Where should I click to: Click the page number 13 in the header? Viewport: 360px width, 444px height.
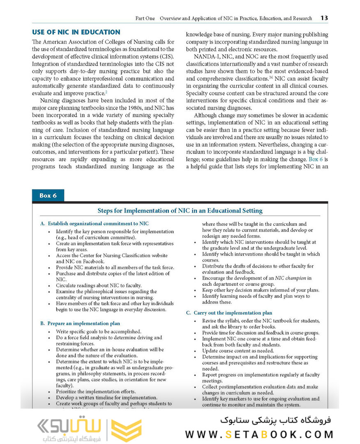click(324, 18)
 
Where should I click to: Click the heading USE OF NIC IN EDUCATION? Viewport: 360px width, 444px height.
click(76, 32)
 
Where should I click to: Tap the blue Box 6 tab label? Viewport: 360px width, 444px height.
click(48, 196)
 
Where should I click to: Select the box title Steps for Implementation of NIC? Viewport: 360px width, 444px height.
click(180, 211)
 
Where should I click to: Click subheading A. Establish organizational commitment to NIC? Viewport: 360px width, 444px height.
click(95, 224)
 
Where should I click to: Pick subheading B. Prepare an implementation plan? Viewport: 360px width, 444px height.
click(80, 324)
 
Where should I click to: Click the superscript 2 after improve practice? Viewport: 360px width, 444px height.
click(106, 92)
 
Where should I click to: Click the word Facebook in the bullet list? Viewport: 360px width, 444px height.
click(92, 261)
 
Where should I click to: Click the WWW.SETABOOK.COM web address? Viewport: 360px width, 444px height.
click(259, 434)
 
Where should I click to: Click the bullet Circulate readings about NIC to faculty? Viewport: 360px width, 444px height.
click(99, 285)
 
